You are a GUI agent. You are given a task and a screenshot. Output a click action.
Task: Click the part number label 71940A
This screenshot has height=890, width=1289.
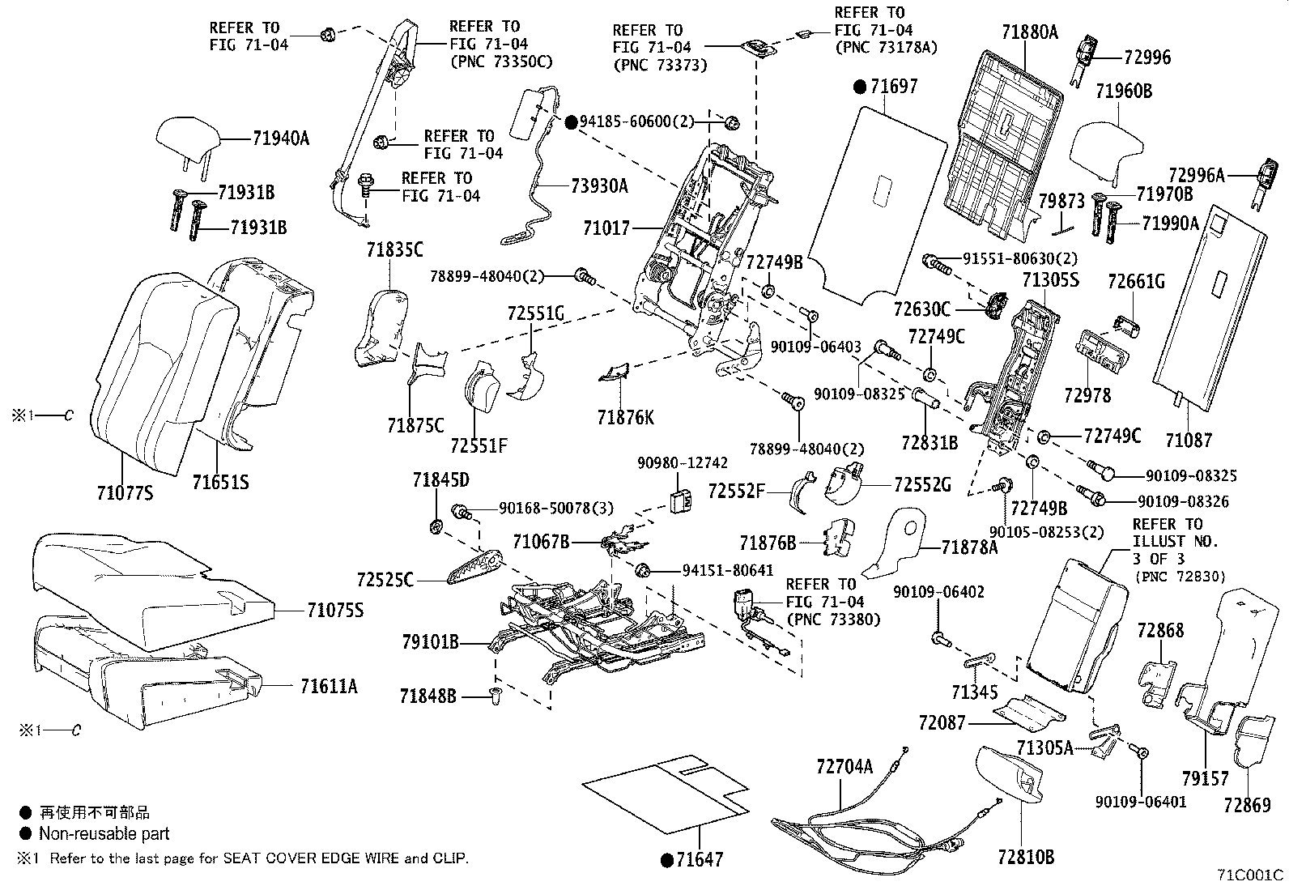(280, 138)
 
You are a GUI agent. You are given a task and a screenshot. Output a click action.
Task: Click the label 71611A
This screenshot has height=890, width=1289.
(328, 687)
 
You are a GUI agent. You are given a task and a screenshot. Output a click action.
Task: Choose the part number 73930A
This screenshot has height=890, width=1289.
(599, 186)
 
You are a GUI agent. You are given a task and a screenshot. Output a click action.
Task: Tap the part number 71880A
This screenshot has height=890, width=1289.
(1030, 33)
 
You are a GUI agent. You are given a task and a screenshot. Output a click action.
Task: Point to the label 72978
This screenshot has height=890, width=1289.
(1087, 396)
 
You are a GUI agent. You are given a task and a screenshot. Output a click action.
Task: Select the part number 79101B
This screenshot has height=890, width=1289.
(430, 643)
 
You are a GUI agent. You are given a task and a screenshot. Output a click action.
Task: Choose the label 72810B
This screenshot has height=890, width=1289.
(1026, 857)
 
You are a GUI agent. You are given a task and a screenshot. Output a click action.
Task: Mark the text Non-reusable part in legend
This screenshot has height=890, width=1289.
(104, 833)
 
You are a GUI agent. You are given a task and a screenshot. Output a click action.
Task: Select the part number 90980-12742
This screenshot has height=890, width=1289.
(683, 464)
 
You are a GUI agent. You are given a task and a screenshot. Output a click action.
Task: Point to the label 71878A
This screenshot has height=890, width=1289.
(970, 547)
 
